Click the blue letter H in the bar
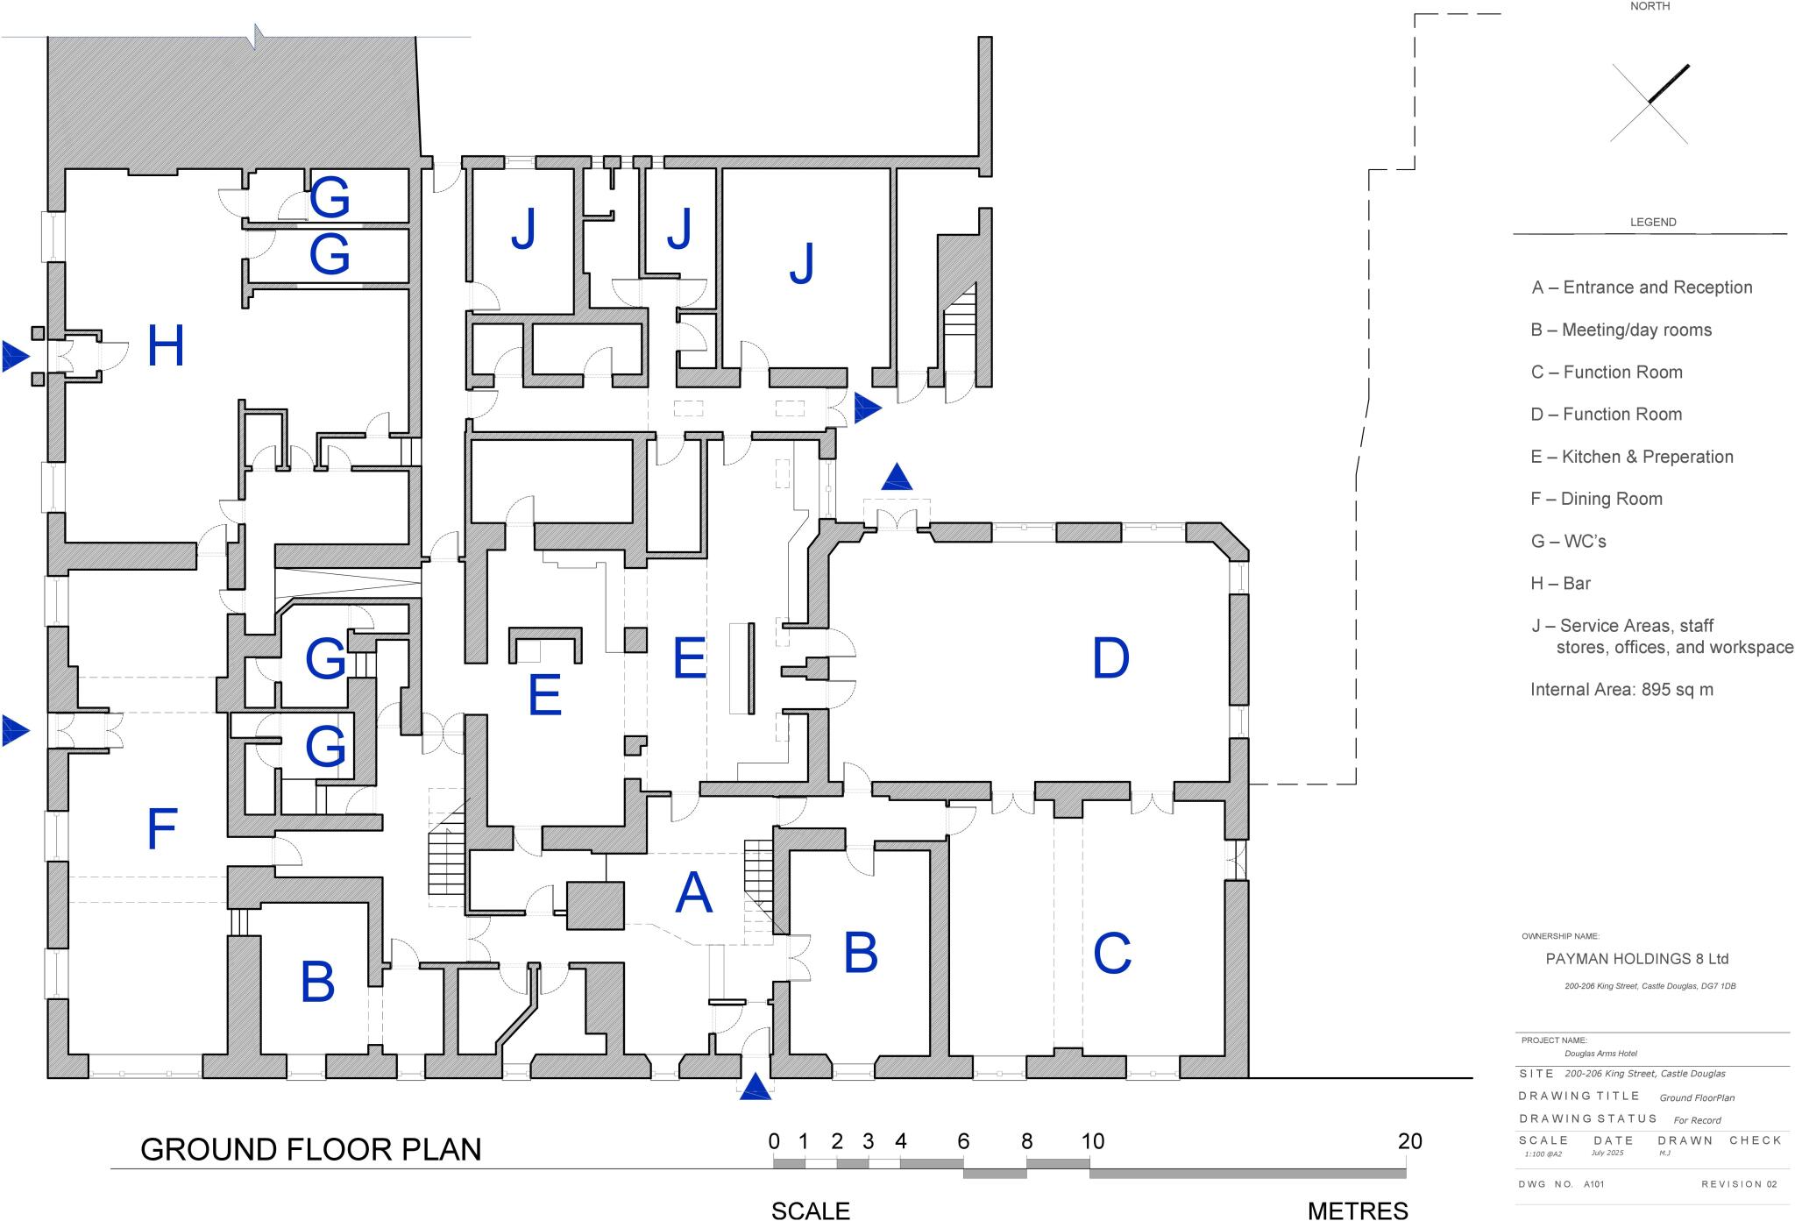pyautogui.click(x=166, y=346)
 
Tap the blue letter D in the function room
pyautogui.click(x=1110, y=658)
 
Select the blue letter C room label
pyautogui.click(x=1112, y=954)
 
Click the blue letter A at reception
pyautogui.click(x=693, y=893)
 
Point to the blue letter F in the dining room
pyautogui.click(x=162, y=829)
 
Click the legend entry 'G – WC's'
pyautogui.click(x=1568, y=542)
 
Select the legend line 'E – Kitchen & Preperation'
pyautogui.click(x=1631, y=457)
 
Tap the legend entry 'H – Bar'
pyautogui.click(x=1560, y=584)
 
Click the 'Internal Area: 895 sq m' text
pyautogui.click(x=1621, y=690)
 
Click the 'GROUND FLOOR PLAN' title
pyautogui.click(x=311, y=1150)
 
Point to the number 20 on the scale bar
pyautogui.click(x=1409, y=1141)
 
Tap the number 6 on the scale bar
pyautogui.click(x=963, y=1141)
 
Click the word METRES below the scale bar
pyautogui.click(x=1358, y=1210)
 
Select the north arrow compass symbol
pyautogui.click(x=1650, y=103)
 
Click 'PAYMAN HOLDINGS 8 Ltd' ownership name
pyautogui.click(x=1636, y=959)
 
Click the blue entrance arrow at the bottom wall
pyautogui.click(x=756, y=1089)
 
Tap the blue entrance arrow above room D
pyautogui.click(x=897, y=478)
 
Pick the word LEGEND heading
pyautogui.click(x=1652, y=223)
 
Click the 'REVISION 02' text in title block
pyautogui.click(x=1739, y=1184)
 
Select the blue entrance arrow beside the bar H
pyautogui.click(x=15, y=356)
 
